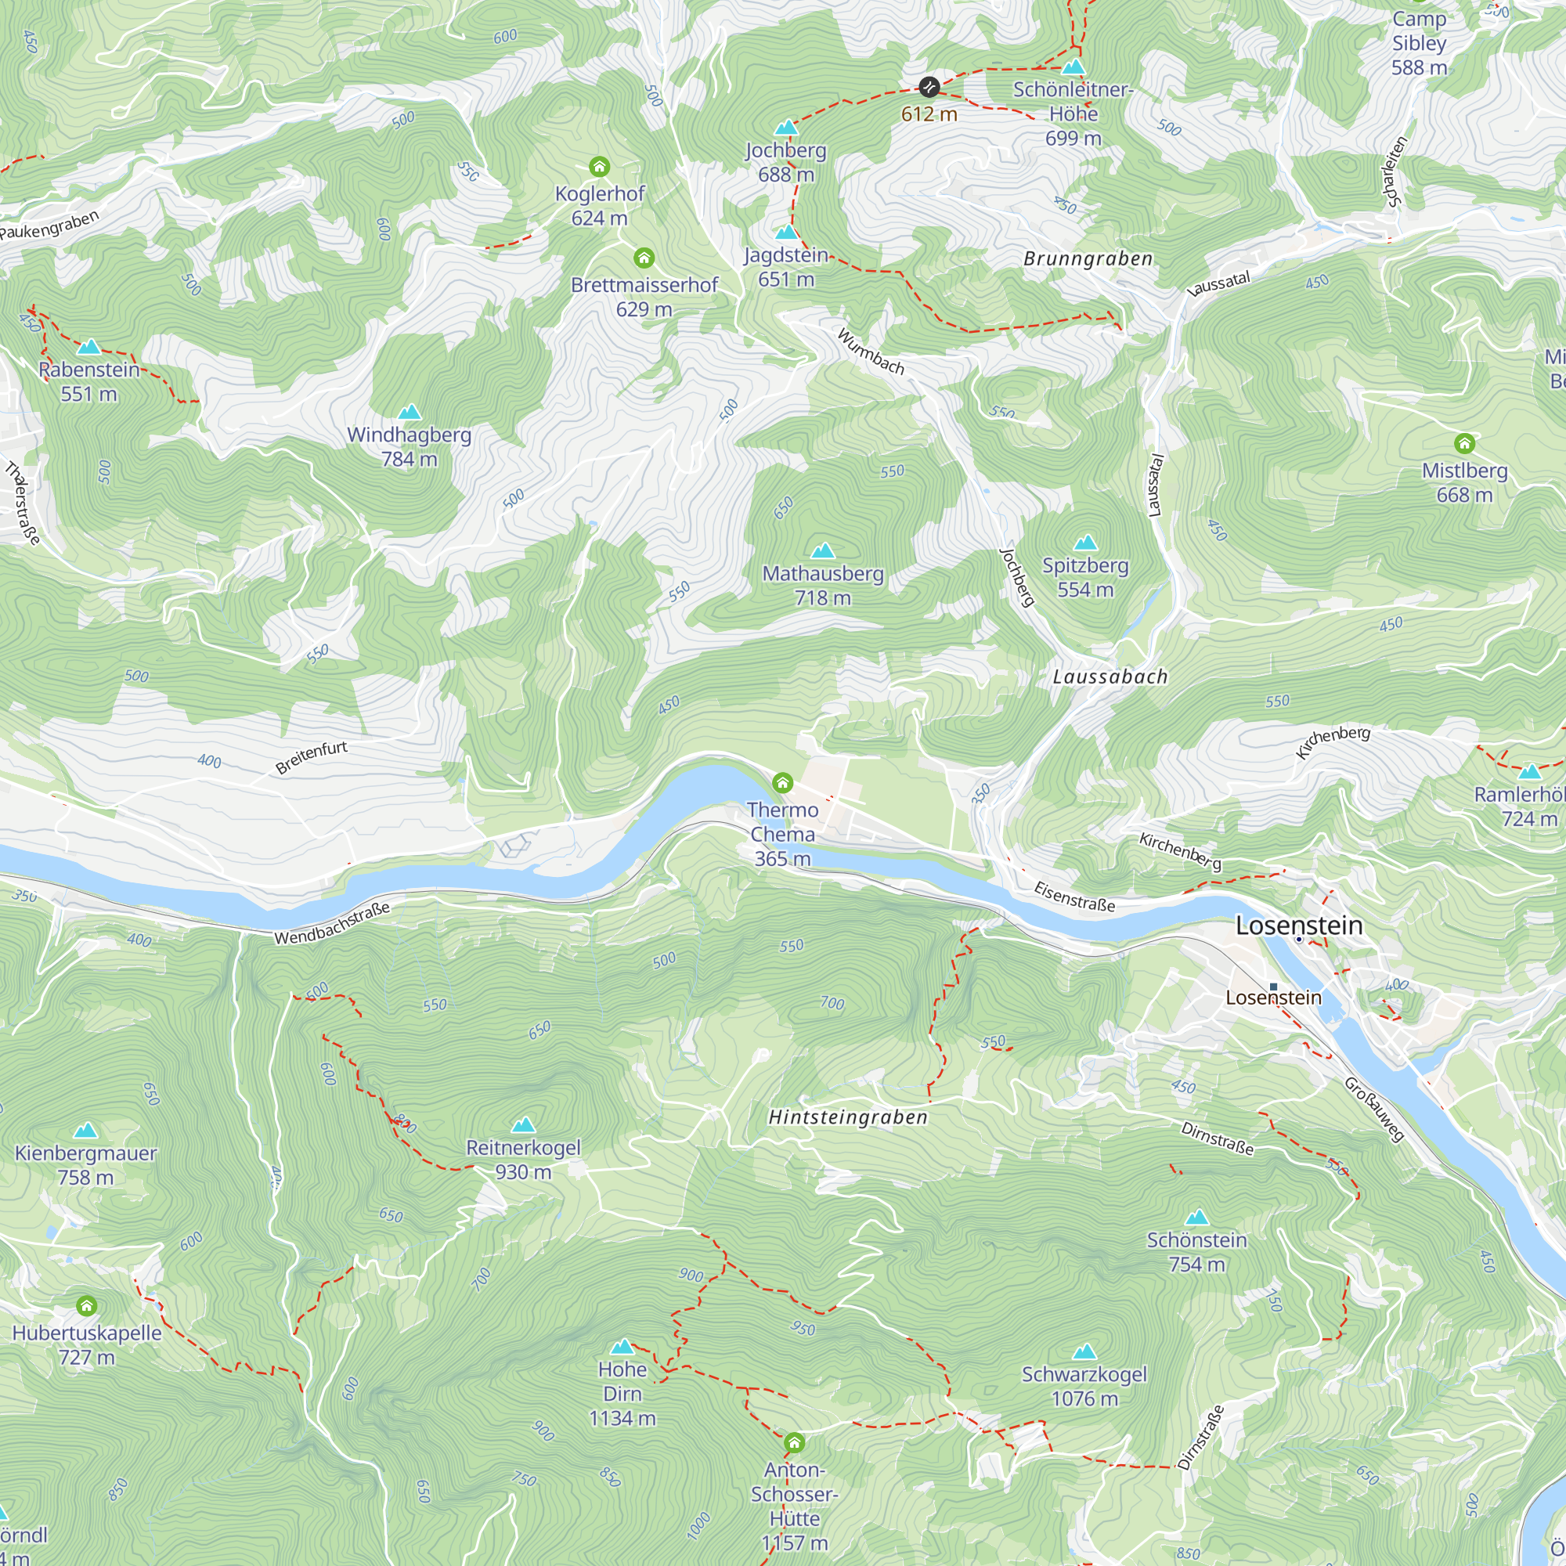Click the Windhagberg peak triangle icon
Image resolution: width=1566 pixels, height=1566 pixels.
[x=410, y=413]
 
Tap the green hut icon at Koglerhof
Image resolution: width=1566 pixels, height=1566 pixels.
[x=599, y=167]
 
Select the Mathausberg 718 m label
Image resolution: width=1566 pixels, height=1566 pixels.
[x=823, y=585]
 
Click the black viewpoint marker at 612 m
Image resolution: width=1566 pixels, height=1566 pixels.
[x=929, y=87]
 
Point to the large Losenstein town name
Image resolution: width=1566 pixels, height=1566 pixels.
[x=1298, y=926]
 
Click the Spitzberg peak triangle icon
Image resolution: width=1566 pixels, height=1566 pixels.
[x=1085, y=543]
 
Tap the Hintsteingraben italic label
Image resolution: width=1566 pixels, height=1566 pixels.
[x=848, y=1117]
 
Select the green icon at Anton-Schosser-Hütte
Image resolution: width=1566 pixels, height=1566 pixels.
[x=794, y=1443]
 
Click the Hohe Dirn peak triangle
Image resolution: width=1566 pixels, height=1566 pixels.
[x=622, y=1346]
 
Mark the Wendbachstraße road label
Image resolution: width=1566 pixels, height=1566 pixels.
[x=332, y=924]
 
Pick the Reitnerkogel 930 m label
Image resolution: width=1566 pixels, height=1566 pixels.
[x=524, y=1159]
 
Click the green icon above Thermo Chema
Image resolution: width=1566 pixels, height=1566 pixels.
[x=782, y=783]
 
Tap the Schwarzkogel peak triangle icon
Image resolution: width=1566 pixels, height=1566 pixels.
[x=1084, y=1351]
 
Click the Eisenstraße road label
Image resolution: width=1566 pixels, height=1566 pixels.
[x=1075, y=897]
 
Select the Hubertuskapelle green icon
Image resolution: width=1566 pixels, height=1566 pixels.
[x=87, y=1306]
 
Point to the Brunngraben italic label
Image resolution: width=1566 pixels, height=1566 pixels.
[x=1088, y=258]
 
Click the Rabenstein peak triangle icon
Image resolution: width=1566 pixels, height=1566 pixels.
[x=89, y=348]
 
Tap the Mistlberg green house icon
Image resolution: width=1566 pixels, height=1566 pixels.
[x=1464, y=443]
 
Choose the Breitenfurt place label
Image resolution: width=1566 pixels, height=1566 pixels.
[x=312, y=757]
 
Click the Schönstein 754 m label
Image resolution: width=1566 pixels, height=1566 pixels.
[x=1196, y=1251]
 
